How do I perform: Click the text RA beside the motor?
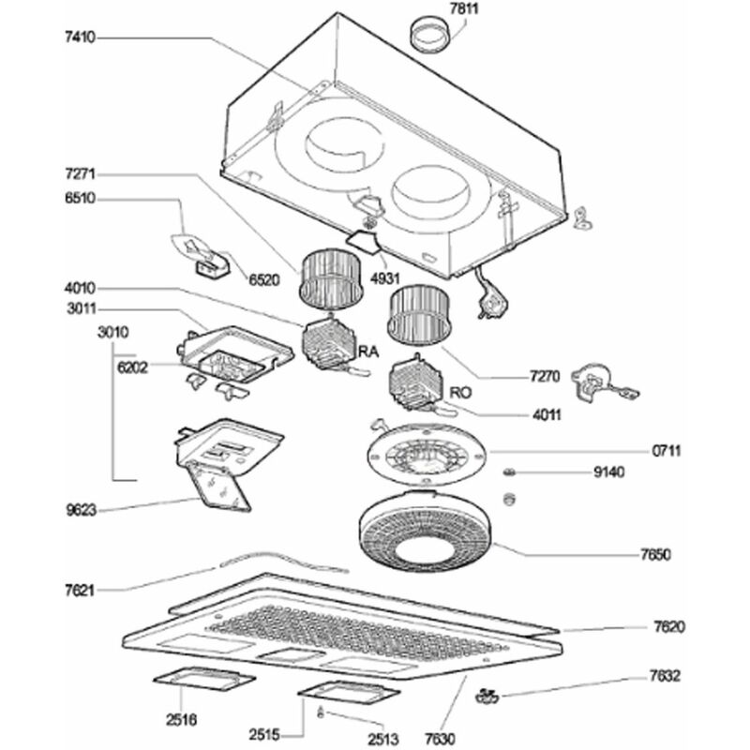coord(369,352)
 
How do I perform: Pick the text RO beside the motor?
coord(459,394)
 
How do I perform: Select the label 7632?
coord(665,676)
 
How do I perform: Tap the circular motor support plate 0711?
coord(427,457)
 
